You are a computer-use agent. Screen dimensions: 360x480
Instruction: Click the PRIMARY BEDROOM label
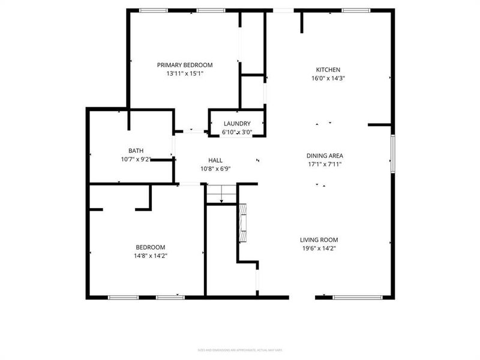(x=185, y=65)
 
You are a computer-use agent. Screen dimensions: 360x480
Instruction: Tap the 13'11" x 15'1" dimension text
(x=185, y=74)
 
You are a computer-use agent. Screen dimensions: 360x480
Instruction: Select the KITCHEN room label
(x=328, y=69)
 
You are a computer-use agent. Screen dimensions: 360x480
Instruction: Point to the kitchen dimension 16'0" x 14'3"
(x=328, y=78)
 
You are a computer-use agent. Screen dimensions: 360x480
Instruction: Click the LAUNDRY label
(x=236, y=124)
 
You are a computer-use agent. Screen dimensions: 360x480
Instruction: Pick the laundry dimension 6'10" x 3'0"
(x=236, y=132)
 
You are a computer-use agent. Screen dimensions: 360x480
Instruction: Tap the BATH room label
(x=136, y=151)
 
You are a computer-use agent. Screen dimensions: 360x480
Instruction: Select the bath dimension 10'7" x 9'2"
(x=136, y=160)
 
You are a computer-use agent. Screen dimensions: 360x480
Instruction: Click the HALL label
(x=215, y=160)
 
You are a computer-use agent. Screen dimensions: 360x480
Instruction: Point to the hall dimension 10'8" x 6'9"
(x=215, y=169)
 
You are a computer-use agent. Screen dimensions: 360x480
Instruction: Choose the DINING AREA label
(x=325, y=155)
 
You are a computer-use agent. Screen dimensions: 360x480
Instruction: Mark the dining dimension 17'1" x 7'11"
(x=325, y=164)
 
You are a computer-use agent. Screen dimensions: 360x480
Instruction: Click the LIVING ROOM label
(x=319, y=239)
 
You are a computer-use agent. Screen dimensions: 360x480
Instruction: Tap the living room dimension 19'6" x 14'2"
(x=319, y=248)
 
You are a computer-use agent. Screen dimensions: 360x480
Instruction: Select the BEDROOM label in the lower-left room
(x=150, y=247)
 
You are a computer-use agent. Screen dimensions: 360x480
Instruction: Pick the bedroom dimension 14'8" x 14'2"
(x=150, y=256)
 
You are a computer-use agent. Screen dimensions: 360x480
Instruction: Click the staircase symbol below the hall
(x=221, y=194)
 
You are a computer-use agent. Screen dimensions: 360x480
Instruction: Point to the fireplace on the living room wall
(x=243, y=221)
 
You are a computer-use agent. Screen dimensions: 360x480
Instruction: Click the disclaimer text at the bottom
(x=240, y=350)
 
